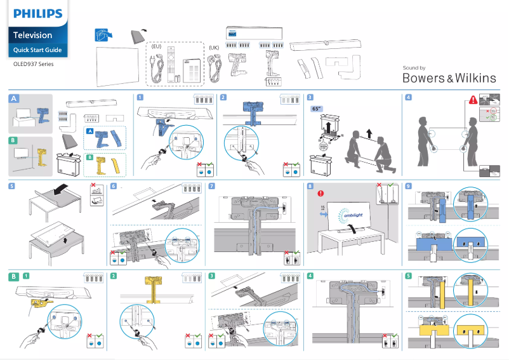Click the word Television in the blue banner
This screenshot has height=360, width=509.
pyautogui.click(x=33, y=36)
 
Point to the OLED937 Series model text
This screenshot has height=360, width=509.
pyautogui.click(x=34, y=64)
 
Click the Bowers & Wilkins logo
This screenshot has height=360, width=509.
pyautogui.click(x=449, y=78)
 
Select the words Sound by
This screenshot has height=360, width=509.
pyautogui.click(x=414, y=68)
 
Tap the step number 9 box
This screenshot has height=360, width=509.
pyautogui.click(x=408, y=186)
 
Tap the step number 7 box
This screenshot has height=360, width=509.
pyautogui.click(x=212, y=186)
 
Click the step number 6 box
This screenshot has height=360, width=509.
pyautogui.click(x=114, y=186)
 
